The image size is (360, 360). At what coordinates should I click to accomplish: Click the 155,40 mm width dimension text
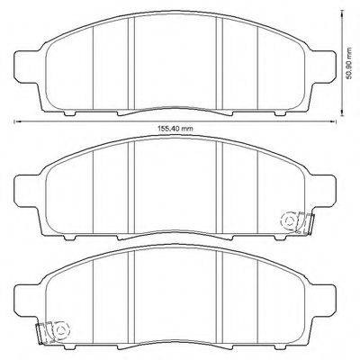(175, 129)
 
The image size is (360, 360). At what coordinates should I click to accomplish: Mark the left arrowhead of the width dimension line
(15, 121)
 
